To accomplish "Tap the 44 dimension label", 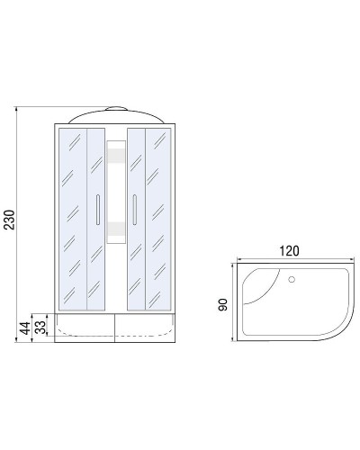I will [24, 325].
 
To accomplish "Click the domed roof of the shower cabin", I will [114, 114].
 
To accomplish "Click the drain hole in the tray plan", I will [291, 279].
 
